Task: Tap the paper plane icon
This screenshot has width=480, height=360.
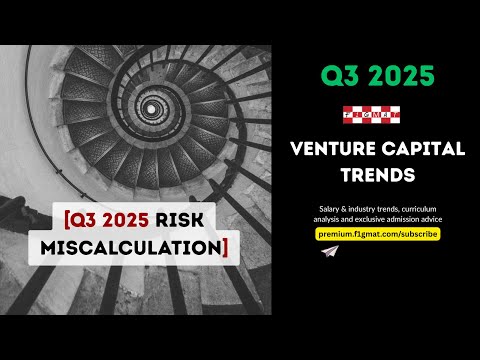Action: [328, 253]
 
